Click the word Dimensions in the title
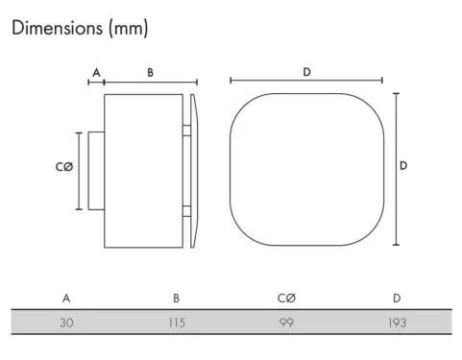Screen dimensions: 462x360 pos(57,28)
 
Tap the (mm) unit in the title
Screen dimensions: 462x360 pos(129,29)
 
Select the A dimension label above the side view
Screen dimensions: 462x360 pos(96,73)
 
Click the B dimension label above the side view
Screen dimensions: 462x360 pos(150,73)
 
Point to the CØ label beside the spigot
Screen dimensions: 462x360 pos(64,167)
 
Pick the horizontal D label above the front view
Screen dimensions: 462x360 pos(306,72)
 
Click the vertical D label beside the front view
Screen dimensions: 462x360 pos(403,166)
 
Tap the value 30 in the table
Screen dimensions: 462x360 pos(66,323)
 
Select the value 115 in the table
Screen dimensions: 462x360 pos(177,323)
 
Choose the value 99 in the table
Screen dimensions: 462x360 pos(286,323)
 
